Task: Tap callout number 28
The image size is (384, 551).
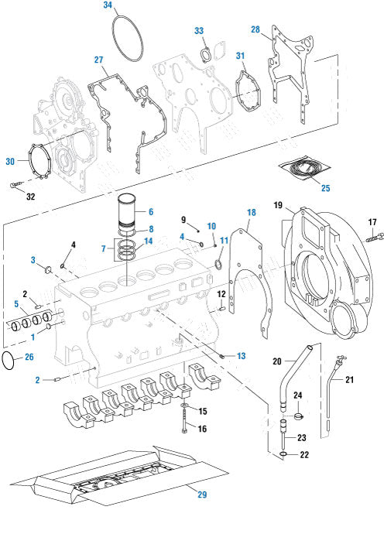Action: coord(255,29)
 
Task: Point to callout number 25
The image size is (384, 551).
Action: coord(325,188)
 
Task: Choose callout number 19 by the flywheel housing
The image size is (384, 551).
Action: coord(279,205)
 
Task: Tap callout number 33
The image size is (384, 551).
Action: coord(199,30)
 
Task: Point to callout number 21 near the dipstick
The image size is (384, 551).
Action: coord(349,380)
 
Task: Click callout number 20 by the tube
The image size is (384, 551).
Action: coord(276,361)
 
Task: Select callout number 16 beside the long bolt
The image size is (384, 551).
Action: coord(203,429)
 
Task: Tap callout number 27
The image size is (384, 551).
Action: coord(98,60)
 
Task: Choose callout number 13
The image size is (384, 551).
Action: coord(241,356)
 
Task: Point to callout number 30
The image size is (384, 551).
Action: coord(10,161)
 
